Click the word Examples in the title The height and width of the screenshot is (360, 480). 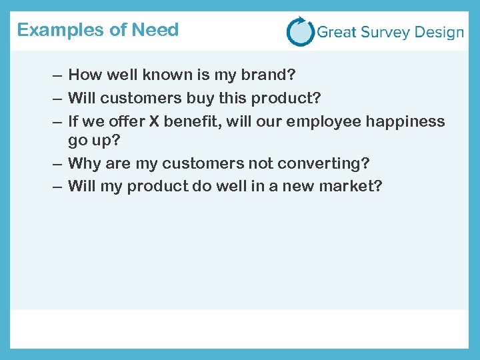51,30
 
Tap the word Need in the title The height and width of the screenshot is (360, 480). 155,30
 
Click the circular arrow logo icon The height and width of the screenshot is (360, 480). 300,31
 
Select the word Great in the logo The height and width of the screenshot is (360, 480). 337,32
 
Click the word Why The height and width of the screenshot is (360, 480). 85,163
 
